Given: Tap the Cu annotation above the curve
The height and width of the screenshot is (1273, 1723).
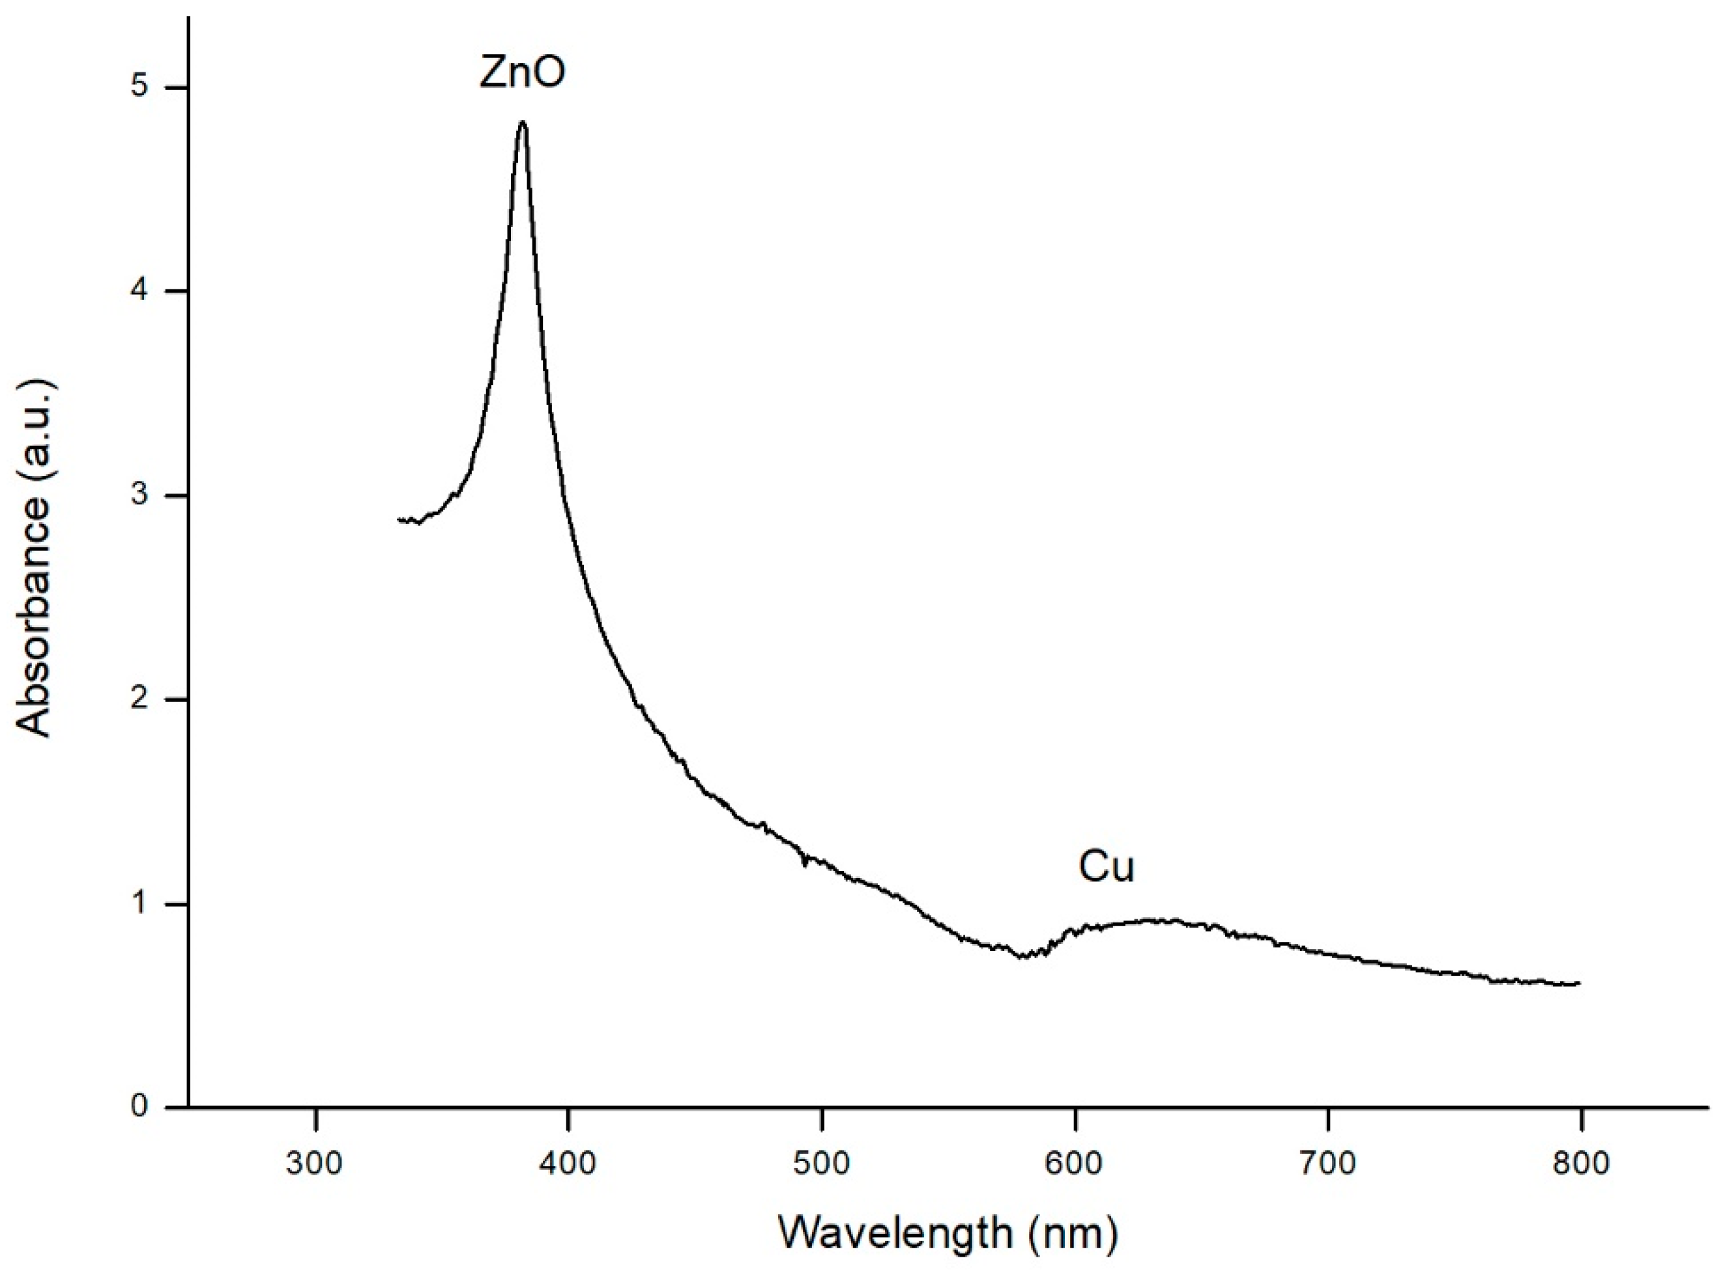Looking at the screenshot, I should coord(1106,866).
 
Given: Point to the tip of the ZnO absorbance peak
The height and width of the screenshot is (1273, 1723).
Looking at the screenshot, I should coord(523,122).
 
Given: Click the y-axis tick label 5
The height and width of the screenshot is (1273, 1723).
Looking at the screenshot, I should coord(139,86).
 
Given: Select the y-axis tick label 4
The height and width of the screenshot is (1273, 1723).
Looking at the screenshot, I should coord(139,291).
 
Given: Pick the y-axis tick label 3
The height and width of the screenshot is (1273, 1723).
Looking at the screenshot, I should coord(139,495).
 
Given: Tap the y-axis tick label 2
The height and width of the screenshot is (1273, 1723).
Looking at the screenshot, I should coord(139,699).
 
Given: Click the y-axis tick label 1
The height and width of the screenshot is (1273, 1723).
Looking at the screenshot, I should coord(139,903).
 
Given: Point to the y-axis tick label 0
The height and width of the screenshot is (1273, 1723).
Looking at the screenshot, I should coord(139,1107).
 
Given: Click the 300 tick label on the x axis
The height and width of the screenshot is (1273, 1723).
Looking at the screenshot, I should coord(314,1163).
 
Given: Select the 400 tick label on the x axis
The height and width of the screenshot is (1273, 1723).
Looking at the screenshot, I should coord(568,1163).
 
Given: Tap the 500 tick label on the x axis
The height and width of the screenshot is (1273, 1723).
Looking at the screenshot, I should coord(821,1163).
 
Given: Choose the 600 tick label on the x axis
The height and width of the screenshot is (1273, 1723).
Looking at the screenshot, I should coord(1075,1163).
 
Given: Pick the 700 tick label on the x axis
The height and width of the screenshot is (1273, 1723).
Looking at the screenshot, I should coord(1327,1163).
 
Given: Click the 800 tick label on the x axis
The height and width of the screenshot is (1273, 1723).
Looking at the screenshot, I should coord(1580,1163).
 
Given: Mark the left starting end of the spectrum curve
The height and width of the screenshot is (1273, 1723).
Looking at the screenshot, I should coord(399,520).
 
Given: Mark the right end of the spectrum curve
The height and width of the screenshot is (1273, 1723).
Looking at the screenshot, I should coord(1579,984).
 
